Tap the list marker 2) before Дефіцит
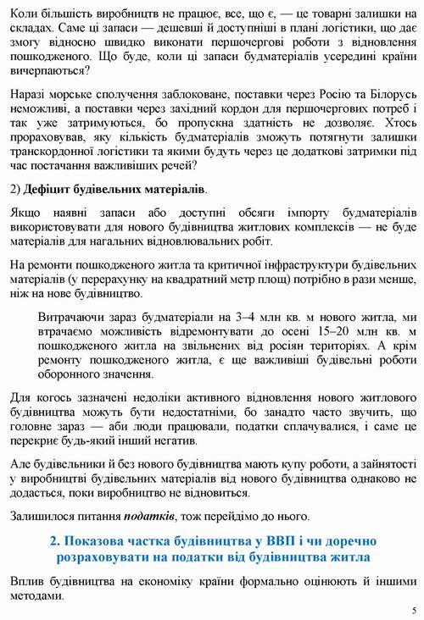15,187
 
